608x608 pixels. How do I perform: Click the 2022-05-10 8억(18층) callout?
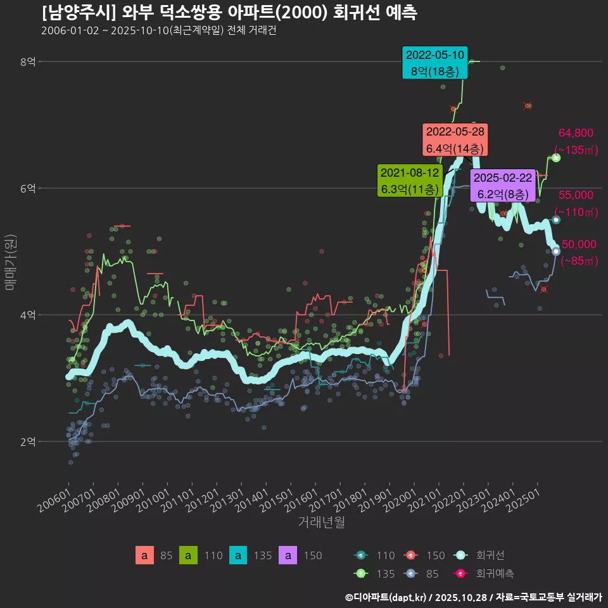click(435, 63)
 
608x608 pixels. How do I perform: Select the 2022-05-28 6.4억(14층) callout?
click(455, 140)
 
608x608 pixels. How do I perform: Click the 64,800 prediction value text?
click(576, 133)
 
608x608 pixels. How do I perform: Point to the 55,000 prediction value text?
click(576, 195)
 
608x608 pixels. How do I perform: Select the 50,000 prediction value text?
click(579, 244)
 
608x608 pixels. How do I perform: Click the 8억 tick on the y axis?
click(28, 62)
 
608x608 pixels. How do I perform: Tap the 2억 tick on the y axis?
click(28, 441)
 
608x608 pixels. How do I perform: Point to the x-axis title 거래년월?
click(321, 523)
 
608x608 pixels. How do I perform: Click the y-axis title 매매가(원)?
click(9, 262)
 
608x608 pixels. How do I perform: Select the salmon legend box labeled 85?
click(144, 556)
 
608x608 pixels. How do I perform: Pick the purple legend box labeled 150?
click(288, 556)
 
